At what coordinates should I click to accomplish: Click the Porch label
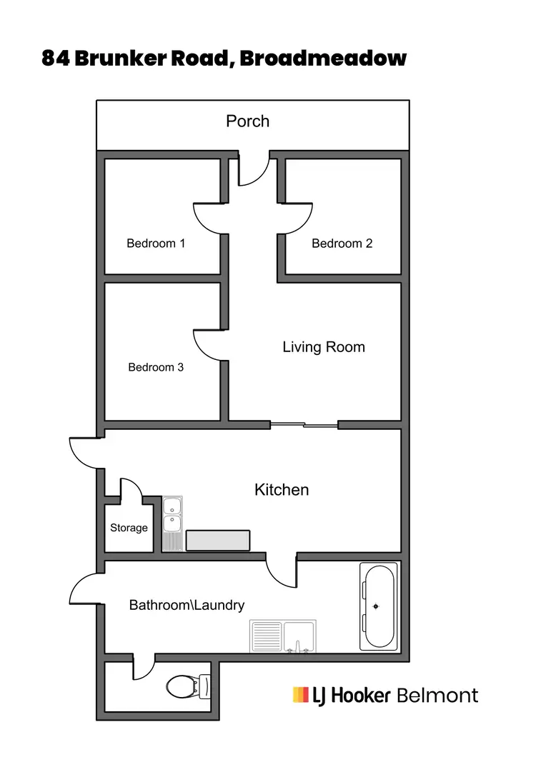coord(247,121)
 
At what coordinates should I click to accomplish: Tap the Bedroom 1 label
coord(156,244)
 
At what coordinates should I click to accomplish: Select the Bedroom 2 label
coord(342,244)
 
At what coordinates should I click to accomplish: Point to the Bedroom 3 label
coord(156,367)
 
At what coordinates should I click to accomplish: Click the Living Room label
coord(324,347)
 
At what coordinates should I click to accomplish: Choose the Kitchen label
coord(282,489)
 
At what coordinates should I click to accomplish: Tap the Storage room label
coord(129,528)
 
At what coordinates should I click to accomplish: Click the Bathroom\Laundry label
coord(187,605)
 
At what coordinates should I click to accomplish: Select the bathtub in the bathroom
coord(377,607)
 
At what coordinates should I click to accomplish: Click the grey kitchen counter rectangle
coord(218,540)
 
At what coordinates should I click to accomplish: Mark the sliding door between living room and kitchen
coord(304,426)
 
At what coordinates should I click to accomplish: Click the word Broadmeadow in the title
coord(323,59)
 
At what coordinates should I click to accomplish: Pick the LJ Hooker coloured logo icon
coord(300,694)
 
